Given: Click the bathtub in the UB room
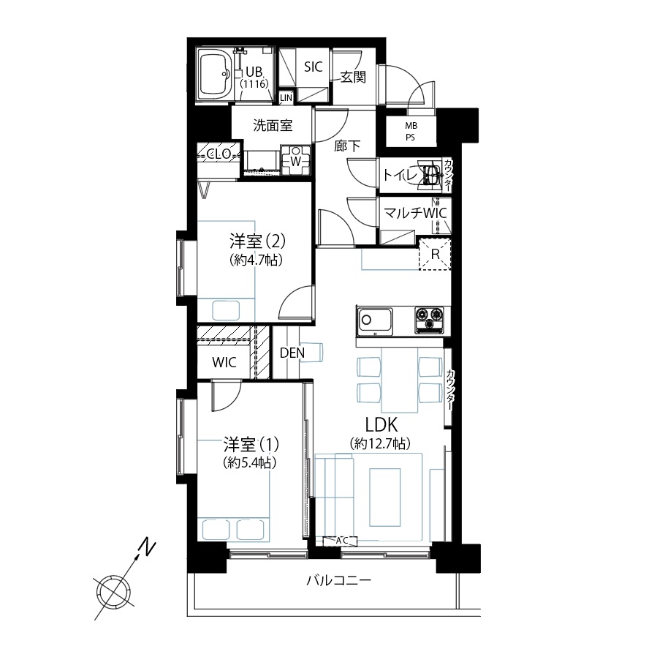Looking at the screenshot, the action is point(216,75).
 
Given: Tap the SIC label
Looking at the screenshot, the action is point(314,67).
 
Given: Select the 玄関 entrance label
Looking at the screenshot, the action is point(353,77).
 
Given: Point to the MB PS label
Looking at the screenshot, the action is point(411,131).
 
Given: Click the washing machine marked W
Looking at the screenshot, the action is point(296,160).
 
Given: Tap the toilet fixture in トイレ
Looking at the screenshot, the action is point(430,174).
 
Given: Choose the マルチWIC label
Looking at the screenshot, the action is point(415,213).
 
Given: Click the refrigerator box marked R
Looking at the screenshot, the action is point(435,254).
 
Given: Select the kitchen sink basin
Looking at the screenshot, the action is point(374,321).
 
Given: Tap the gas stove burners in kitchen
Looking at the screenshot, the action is point(429,320).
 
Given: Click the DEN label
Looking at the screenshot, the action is point(292,353).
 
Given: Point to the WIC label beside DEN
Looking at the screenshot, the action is point(224,362).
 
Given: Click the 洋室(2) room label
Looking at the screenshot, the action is point(258,241).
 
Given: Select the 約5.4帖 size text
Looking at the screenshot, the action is point(250,462).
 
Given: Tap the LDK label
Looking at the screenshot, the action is point(381,425).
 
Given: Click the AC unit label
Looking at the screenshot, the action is point(342,541).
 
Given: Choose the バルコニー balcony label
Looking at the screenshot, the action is point(338,581).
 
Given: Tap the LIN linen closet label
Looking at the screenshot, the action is point(286,98).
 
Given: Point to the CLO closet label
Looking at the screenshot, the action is point(219,154).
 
